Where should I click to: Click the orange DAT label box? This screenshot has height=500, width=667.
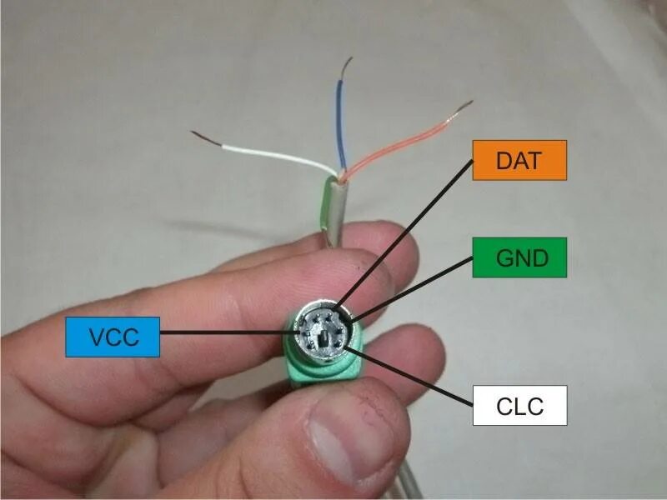tap(519, 160)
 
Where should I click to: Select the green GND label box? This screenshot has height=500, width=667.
tap(519, 257)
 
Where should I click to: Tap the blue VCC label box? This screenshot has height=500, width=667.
tap(112, 336)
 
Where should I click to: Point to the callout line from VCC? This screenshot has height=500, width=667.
tap(217, 332)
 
